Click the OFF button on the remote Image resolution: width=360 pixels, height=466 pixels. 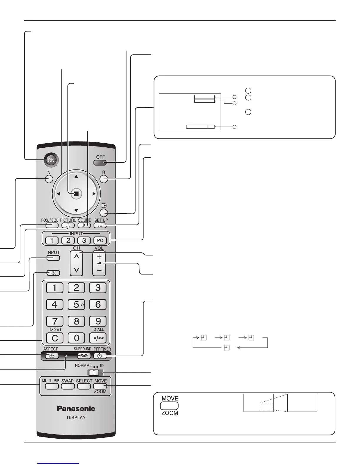(x=101, y=162)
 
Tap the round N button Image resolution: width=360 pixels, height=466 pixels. (x=49, y=179)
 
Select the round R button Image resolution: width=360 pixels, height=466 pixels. (x=104, y=179)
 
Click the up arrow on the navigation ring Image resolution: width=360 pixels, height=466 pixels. (x=76, y=177)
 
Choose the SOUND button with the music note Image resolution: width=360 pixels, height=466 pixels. (x=84, y=225)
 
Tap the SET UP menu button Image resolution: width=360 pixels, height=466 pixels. (x=101, y=225)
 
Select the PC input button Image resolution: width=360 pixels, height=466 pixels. (x=100, y=240)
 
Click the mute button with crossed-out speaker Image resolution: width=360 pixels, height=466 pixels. (x=53, y=273)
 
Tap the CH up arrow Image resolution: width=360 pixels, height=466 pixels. (x=76, y=257)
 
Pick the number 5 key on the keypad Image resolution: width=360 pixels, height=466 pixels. (x=76, y=304)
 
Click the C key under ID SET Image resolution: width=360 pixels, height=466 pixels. (x=55, y=338)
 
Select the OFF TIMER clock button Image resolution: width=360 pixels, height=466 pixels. (x=100, y=356)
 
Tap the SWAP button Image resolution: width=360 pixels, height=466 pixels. (x=68, y=386)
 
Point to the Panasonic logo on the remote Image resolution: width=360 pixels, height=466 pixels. (x=76, y=408)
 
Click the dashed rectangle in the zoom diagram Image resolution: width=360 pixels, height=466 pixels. (x=266, y=406)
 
